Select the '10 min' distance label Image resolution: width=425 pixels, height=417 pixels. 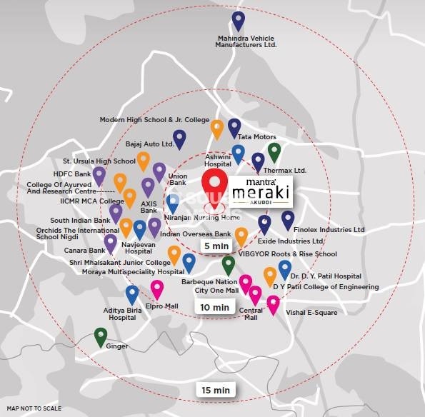click(214, 307)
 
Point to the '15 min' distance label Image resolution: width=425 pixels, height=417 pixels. click(215, 390)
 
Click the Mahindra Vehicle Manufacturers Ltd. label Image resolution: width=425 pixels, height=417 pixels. click(246, 41)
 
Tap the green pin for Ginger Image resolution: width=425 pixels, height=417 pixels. click(101, 336)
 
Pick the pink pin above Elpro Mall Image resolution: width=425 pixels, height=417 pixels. click(157, 289)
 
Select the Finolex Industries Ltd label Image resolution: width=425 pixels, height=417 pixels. click(329, 230)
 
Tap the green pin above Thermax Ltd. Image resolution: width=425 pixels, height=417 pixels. click(274, 152)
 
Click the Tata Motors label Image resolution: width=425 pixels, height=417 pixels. click(256, 137)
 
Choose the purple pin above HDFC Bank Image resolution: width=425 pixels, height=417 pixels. click(99, 175)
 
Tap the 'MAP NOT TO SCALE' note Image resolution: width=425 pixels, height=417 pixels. click(34, 408)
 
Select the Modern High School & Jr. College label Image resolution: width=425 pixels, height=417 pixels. click(154, 120)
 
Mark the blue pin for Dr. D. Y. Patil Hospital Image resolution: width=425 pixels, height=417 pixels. click(285, 269)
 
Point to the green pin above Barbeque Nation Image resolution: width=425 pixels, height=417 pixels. click(228, 265)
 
